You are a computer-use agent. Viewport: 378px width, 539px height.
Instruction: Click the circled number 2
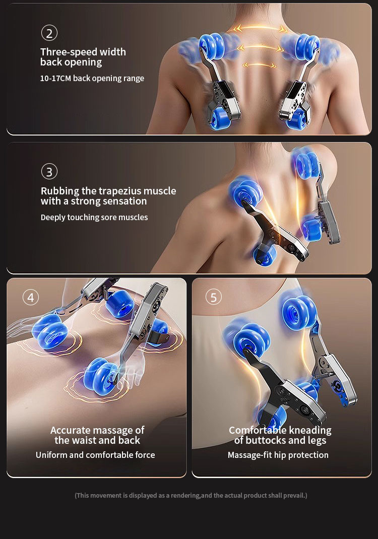49,33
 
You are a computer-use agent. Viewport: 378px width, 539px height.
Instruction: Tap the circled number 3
49,172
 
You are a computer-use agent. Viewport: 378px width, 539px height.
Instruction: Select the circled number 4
30,298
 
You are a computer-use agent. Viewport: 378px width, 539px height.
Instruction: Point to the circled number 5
213,297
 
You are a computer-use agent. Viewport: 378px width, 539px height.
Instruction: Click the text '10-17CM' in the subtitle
55,79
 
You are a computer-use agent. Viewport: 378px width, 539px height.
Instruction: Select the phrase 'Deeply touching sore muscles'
94,218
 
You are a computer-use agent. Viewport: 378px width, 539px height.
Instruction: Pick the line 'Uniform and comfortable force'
95,455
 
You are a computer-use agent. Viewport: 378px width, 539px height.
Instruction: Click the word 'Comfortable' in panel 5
257,430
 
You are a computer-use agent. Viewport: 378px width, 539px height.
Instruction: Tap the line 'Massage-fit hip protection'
278,455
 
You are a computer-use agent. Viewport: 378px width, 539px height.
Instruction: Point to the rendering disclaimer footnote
191,495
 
